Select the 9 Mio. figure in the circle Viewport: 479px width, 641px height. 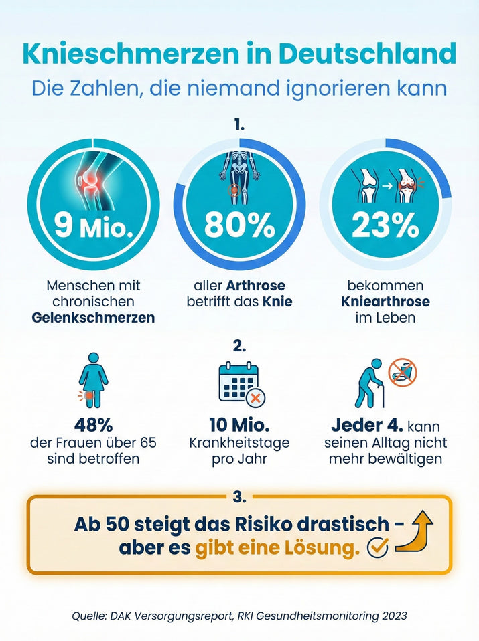pyautogui.click(x=93, y=227)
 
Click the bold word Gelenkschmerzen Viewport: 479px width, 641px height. pyautogui.click(x=93, y=317)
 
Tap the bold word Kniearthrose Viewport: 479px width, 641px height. pyautogui.click(x=385, y=302)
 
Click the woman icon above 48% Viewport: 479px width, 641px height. pyautogui.click(x=93, y=380)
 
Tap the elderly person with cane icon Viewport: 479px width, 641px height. pyautogui.click(x=369, y=384)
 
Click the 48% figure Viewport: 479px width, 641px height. pyautogui.click(x=93, y=426)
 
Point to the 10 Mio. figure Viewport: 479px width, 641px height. pyautogui.click(x=239, y=426)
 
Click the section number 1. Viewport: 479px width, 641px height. pyautogui.click(x=239, y=125)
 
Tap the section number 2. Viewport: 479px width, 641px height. pyautogui.click(x=239, y=347)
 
